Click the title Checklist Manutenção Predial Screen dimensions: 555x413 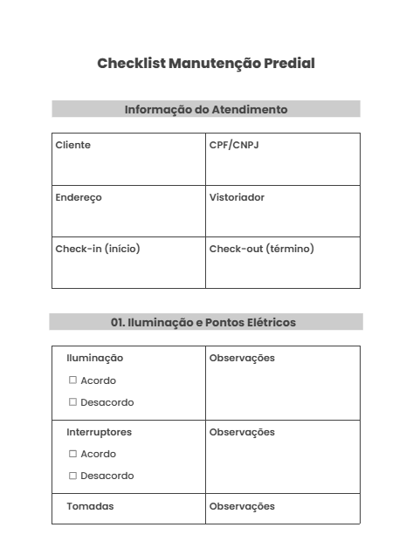pos(206,64)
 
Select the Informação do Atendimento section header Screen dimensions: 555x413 pos(206,109)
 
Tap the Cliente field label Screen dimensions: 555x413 pos(72,145)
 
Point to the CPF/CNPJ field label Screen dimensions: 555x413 pos(234,145)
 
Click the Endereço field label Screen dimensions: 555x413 pos(79,197)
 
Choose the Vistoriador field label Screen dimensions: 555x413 pos(237,197)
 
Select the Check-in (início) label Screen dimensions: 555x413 pos(98,249)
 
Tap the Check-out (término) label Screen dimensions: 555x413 pos(262,249)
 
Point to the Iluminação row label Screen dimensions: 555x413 pos(95,358)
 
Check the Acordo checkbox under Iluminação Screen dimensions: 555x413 pos(73,380)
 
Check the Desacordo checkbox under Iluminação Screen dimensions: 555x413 pos(73,402)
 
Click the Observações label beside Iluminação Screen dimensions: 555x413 pos(242,358)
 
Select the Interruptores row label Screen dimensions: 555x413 pos(100,432)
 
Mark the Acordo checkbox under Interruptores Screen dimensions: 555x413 pos(73,454)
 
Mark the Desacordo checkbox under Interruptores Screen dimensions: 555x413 pos(73,476)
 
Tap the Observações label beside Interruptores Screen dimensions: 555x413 pos(242,432)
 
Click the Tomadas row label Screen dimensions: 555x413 pos(90,506)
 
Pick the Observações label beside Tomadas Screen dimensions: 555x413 pos(242,506)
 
